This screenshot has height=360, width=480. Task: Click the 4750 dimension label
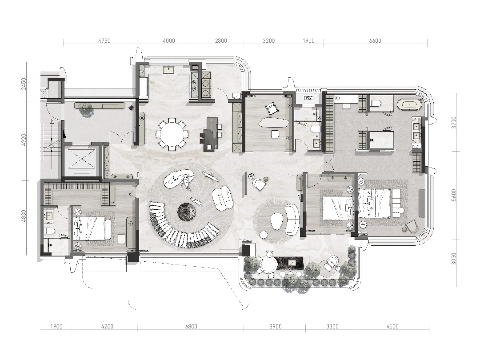pyautogui.click(x=104, y=41)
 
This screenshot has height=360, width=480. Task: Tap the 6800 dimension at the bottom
pyautogui.click(x=191, y=327)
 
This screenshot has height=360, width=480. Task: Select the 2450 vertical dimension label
pyautogui.click(x=24, y=84)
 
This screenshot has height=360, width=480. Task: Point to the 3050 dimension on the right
pyautogui.click(x=454, y=259)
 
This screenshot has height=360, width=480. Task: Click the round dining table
pyautogui.click(x=171, y=133)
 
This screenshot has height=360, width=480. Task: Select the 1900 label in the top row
pyautogui.click(x=308, y=41)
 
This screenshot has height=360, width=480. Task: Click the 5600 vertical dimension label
pyautogui.click(x=454, y=195)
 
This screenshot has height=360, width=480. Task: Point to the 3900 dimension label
pyautogui.click(x=275, y=327)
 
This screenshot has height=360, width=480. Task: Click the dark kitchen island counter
pyautogui.click(x=210, y=134)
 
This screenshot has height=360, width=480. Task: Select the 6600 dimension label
pyautogui.click(x=375, y=41)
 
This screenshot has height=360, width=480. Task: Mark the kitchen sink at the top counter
pyautogui.click(x=169, y=69)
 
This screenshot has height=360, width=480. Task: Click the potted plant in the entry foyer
pyautogui.click(x=86, y=109)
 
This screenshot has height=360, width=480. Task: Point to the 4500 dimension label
pyautogui.click(x=392, y=327)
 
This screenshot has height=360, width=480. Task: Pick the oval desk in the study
pyautogui.click(x=273, y=123)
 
